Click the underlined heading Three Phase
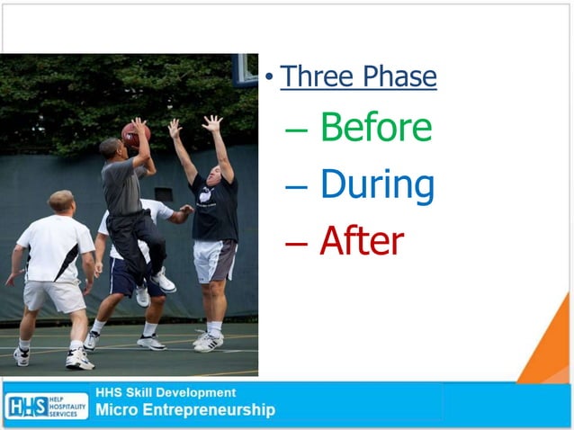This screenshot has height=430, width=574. click(358, 76)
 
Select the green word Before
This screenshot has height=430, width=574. click(376, 128)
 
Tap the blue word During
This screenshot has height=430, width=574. click(377, 184)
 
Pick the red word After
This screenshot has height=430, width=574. click(362, 240)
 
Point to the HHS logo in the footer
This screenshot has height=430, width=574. click(46, 406)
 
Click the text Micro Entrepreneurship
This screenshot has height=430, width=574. click(185, 411)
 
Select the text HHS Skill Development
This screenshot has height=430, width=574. click(166, 392)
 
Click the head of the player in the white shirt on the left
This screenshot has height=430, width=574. click(61, 202)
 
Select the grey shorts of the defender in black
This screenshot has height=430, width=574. click(214, 260)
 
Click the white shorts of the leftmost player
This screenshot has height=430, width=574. click(54, 293)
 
